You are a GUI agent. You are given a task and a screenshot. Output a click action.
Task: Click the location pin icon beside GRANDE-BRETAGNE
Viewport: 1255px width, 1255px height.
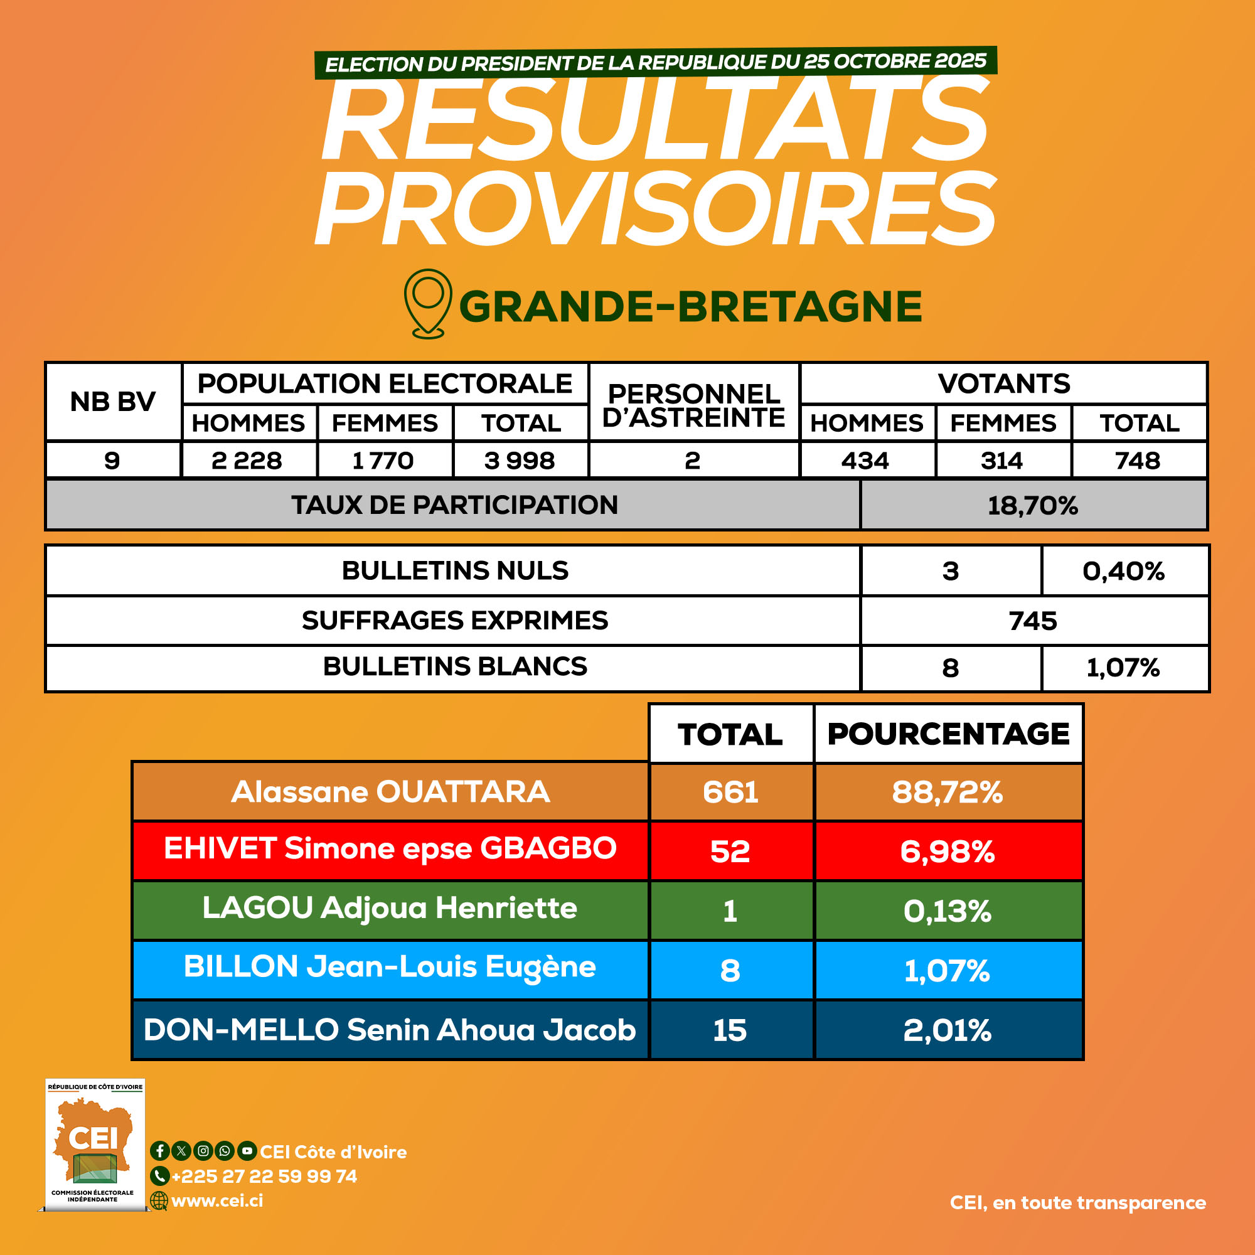tap(427, 303)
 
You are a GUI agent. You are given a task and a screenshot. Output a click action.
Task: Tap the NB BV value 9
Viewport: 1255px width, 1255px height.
tap(112, 461)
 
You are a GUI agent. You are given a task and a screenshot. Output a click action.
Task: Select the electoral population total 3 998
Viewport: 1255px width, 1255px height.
tap(520, 461)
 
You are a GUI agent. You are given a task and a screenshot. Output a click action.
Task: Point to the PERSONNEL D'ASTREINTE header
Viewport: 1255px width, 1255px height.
tap(693, 405)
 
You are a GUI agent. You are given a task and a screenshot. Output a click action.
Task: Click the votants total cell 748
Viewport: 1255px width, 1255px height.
tap(1138, 461)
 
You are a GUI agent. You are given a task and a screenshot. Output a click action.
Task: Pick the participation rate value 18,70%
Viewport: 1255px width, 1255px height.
tap(1032, 505)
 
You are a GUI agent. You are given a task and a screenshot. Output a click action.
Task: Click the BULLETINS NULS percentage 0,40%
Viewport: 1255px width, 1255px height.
tap(1123, 571)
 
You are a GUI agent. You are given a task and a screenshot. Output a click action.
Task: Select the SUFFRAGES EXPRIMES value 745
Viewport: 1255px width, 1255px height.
tap(1033, 621)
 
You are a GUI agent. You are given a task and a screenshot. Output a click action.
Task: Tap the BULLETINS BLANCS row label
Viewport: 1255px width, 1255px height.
tap(455, 666)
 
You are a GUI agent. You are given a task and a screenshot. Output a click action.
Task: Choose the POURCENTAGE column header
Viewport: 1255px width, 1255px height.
tap(948, 734)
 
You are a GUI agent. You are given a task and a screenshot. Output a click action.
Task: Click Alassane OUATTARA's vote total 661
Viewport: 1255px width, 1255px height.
tap(730, 792)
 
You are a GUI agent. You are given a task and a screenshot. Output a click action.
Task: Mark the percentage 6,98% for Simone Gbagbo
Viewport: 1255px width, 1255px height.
tap(947, 851)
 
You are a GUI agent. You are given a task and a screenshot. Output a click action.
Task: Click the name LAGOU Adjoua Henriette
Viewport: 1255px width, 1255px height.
tap(390, 908)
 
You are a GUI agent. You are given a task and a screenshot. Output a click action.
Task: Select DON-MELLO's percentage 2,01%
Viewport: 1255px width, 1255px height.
tap(947, 1030)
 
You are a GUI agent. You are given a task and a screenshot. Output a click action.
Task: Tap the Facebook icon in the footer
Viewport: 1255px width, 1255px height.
tap(160, 1151)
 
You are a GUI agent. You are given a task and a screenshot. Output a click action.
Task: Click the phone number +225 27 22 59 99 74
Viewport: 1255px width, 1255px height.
tap(264, 1177)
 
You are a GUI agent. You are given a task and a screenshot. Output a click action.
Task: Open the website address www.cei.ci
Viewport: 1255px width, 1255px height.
tap(217, 1200)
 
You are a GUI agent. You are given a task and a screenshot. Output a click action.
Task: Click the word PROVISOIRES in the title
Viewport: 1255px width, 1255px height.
tap(654, 209)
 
